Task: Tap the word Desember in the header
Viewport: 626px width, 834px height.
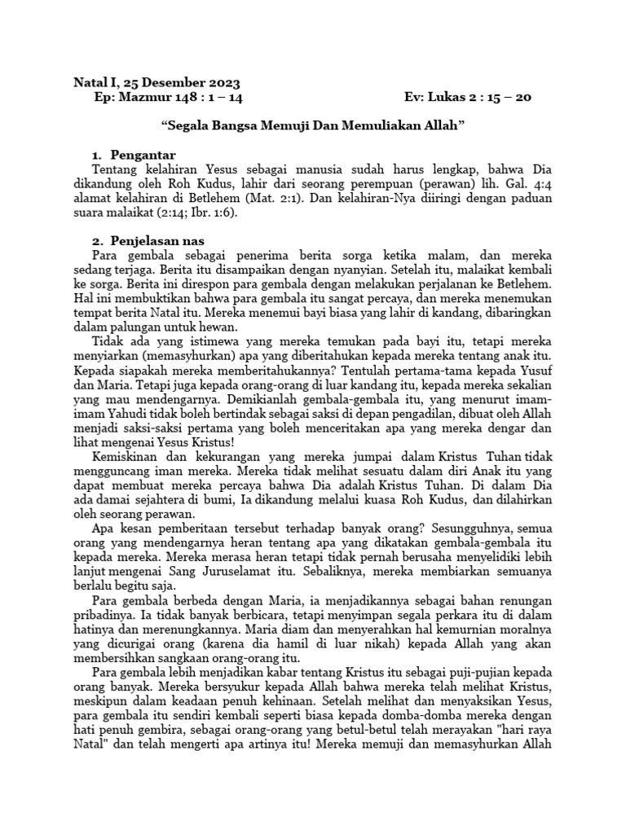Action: pos(169,82)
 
